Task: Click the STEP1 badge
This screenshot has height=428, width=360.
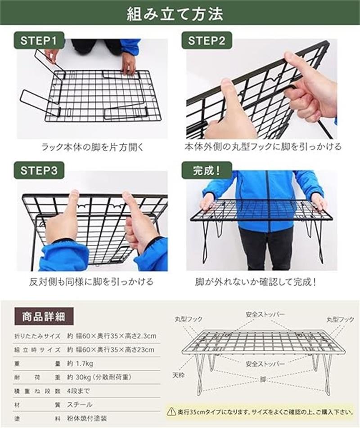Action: [38, 40]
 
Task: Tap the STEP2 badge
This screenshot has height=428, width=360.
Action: [207, 40]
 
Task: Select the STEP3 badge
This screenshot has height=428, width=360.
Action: [39, 170]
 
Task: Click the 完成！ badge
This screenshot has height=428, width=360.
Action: [207, 170]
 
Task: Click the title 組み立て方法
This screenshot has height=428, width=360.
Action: [175, 14]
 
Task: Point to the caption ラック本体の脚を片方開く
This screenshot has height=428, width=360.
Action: [92, 147]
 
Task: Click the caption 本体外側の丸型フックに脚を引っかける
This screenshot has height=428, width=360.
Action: [263, 147]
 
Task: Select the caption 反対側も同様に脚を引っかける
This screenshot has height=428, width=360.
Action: [91, 281]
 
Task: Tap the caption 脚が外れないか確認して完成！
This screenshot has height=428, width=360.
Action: [256, 281]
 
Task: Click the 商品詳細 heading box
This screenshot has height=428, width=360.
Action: [44, 317]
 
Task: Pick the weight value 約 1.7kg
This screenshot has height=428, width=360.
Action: [80, 364]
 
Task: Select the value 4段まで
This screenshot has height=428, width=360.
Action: [78, 391]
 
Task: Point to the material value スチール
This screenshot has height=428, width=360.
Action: [80, 405]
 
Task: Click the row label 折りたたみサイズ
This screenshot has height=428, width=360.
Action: [37, 336]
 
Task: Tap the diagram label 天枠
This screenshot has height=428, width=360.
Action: [178, 375]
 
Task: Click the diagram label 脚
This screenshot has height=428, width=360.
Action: [262, 380]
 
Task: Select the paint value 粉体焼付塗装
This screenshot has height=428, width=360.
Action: [87, 418]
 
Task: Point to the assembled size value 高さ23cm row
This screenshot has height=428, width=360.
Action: [111, 350]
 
